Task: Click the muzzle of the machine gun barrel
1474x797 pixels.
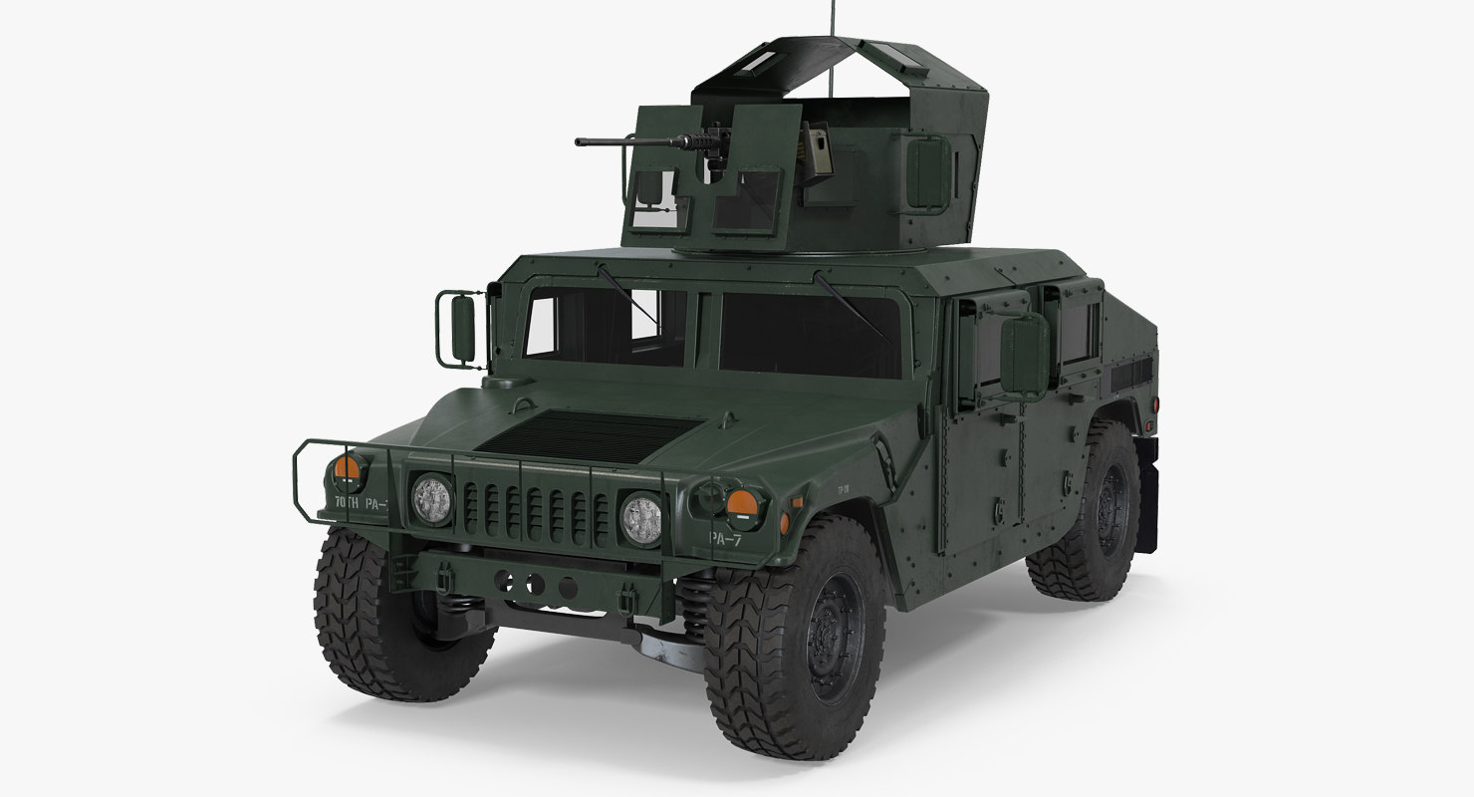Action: coord(579,141)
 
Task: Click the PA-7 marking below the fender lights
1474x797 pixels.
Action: coord(725,537)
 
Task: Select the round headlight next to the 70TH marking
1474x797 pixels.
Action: coord(431,497)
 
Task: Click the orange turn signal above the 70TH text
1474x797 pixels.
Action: coord(347,468)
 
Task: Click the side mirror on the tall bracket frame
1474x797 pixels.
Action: coord(463,327)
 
